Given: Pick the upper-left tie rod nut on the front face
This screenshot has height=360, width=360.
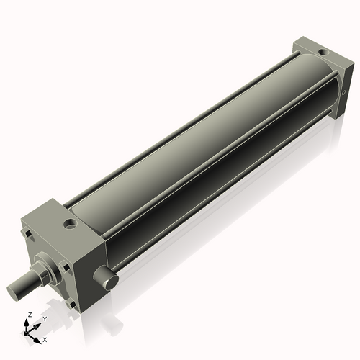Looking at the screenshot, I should [x=28, y=235].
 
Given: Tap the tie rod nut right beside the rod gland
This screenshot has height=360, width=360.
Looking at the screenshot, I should [x=64, y=267].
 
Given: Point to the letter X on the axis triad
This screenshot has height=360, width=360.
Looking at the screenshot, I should [x=45, y=338].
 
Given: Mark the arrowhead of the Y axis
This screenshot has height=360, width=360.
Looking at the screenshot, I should [x=37, y=324].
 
